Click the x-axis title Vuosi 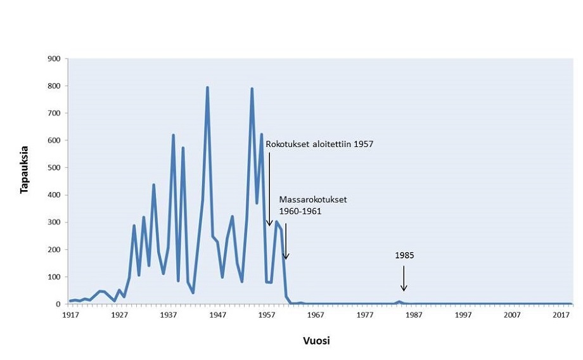coord(316,340)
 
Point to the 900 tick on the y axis coord(54,59)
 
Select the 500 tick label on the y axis coord(54,168)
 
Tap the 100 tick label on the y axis coord(54,277)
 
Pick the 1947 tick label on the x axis coord(217,315)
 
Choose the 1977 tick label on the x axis coord(365,315)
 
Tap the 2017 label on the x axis coord(562,315)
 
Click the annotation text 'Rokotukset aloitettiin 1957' coord(319,145)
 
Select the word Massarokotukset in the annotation coord(313,200)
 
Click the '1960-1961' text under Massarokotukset coord(300,211)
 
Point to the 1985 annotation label coord(404,256)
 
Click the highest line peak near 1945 coord(207,87)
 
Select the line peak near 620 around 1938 coord(173,135)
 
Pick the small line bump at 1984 coord(399,302)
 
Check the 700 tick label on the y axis coord(54,113)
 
